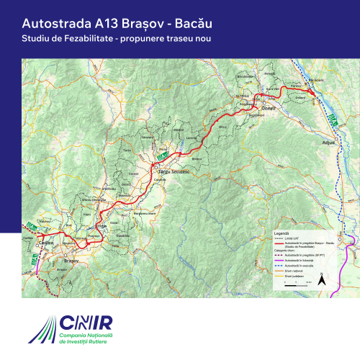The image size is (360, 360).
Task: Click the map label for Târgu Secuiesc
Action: (171, 174)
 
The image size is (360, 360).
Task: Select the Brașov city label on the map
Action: (71, 260)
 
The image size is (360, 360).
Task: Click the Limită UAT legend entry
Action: (294, 239)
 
